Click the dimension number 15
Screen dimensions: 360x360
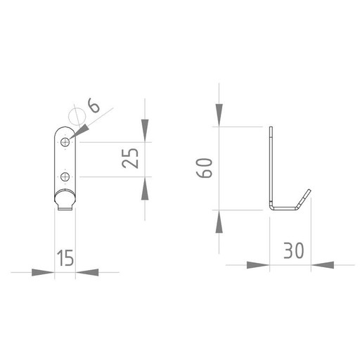coord(65,257)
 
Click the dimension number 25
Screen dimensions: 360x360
coord(130,158)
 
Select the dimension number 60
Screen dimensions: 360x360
coord(204,168)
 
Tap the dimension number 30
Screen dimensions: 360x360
coord(293,250)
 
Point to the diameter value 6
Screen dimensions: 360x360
coord(94,105)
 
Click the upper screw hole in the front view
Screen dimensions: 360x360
coord(65,142)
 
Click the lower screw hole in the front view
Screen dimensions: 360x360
coord(65,176)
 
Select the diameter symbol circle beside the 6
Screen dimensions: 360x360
coord(77,117)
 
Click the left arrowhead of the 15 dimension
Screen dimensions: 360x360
coord(43,272)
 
